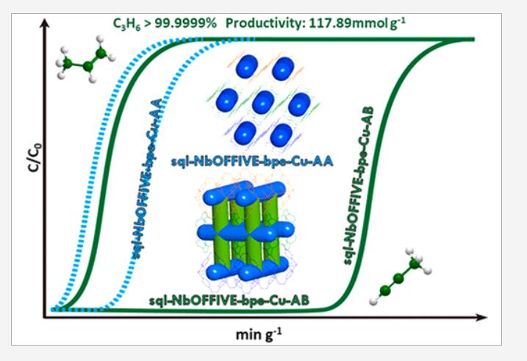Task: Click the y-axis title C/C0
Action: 35,157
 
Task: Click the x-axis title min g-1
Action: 259,335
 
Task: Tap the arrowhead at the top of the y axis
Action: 44,24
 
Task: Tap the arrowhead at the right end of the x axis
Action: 481,317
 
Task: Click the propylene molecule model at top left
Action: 85,59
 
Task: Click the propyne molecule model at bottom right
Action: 400,276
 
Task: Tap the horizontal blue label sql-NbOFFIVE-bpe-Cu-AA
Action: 252,162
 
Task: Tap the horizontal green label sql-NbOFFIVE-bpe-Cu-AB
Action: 229,300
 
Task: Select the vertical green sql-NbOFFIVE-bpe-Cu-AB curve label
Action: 358,185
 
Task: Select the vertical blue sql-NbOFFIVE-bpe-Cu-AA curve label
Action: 146,178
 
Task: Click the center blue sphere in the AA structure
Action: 263,102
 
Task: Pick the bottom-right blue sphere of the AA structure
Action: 281,135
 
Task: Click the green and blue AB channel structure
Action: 246,231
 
